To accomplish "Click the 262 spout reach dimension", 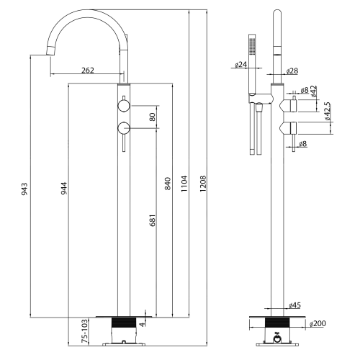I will point(87,71).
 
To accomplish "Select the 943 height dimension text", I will point(24,189).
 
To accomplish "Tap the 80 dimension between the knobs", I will point(152,117).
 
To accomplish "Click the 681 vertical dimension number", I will point(152,220).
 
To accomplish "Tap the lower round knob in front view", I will point(124,129).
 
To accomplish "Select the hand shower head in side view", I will point(252,45).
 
